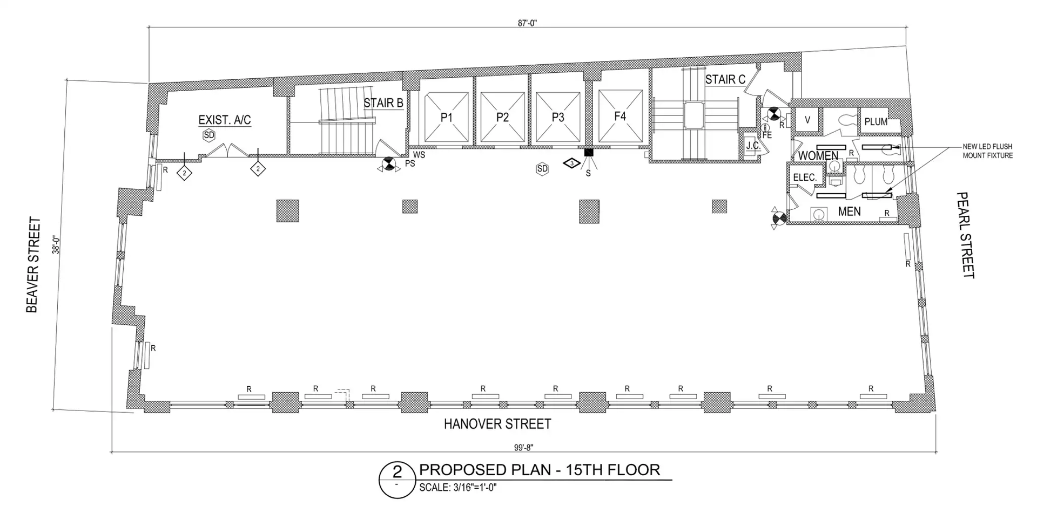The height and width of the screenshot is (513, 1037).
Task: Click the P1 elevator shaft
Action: pyautogui.click(x=447, y=117)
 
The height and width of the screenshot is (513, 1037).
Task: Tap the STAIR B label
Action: pyautogui.click(x=383, y=102)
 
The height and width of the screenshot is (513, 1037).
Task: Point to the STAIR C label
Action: pyautogui.click(x=725, y=79)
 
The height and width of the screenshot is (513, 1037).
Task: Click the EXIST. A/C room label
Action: pyautogui.click(x=225, y=120)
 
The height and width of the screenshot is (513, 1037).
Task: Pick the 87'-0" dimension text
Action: pyautogui.click(x=528, y=23)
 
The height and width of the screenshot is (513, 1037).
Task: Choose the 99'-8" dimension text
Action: pyautogui.click(x=523, y=447)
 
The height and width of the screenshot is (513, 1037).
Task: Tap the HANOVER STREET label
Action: pyautogui.click(x=497, y=424)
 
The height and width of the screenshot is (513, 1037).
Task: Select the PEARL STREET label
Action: pyautogui.click(x=966, y=235)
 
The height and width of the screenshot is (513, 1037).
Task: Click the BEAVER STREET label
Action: pyautogui.click(x=33, y=265)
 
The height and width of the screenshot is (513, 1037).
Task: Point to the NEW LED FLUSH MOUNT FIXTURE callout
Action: pyautogui.click(x=988, y=151)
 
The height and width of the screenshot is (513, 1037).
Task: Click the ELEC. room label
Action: pyautogui.click(x=805, y=177)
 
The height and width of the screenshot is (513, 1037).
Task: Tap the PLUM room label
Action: pyautogui.click(x=876, y=122)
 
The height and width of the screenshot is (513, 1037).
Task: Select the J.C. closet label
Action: pyautogui.click(x=753, y=145)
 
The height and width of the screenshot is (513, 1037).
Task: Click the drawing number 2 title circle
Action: pyautogui.click(x=397, y=480)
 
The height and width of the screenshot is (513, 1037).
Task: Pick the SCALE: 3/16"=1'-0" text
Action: pyautogui.click(x=458, y=488)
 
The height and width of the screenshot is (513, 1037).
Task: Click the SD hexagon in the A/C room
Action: pyautogui.click(x=208, y=135)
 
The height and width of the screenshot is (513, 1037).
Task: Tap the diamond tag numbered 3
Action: pyautogui.click(x=571, y=162)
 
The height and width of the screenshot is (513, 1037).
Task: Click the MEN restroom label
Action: pyautogui.click(x=849, y=211)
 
